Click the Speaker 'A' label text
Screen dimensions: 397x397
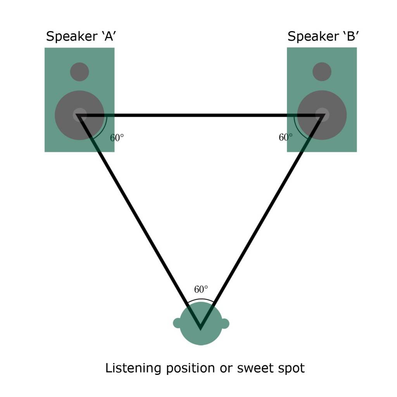coord(82,36)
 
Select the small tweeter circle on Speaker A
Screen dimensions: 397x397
coord(79,72)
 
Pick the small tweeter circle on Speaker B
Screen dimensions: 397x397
coord(322,72)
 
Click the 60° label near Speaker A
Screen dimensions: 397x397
coord(117,138)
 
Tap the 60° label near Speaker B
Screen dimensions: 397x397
coord(286,137)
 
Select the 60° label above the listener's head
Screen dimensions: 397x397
coord(201,290)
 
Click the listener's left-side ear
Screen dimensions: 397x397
coord(177,323)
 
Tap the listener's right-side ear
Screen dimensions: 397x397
coord(225,323)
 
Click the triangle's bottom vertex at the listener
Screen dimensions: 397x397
coord(200,327)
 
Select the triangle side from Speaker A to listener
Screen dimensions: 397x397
coord(140,221)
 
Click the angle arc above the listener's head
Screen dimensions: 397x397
coord(200,299)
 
